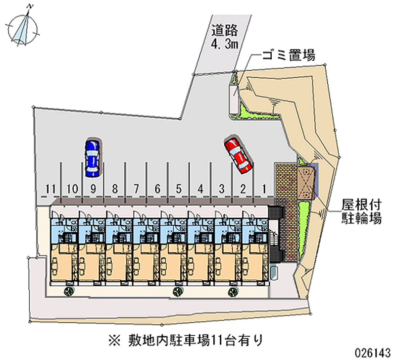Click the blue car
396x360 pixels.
click(x=92, y=157)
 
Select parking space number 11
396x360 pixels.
click(x=49, y=189)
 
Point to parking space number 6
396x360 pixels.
click(x=157, y=189)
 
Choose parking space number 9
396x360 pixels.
click(x=93, y=189)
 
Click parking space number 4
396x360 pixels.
click(x=200, y=189)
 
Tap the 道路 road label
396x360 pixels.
click(x=225, y=30)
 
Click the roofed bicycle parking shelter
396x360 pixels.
click(x=306, y=182)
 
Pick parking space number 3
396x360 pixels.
click(x=222, y=189)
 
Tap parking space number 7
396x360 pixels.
click(x=136, y=189)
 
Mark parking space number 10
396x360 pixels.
click(x=71, y=189)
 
